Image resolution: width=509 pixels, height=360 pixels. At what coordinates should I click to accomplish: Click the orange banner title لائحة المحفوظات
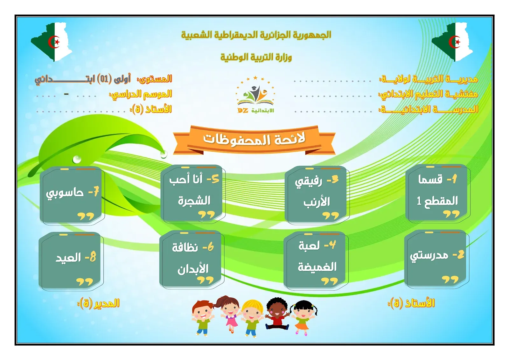click(x=254, y=139)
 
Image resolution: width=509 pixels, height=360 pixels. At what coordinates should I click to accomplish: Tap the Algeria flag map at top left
click(x=52, y=41)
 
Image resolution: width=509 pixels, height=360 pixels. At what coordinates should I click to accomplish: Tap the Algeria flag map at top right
click(x=453, y=41)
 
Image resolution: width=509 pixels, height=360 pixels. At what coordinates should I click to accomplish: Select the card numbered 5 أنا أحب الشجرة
click(x=192, y=193)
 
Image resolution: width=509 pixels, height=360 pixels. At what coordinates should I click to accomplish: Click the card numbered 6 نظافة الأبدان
click(x=192, y=259)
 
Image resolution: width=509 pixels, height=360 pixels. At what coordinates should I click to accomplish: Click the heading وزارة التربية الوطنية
click(x=256, y=58)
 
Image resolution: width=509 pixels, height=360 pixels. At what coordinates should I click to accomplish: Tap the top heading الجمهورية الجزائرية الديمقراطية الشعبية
click(x=256, y=35)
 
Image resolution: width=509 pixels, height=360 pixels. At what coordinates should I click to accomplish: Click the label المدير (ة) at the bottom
click(x=99, y=303)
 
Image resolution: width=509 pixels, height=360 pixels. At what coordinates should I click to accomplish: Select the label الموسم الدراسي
click(x=141, y=94)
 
